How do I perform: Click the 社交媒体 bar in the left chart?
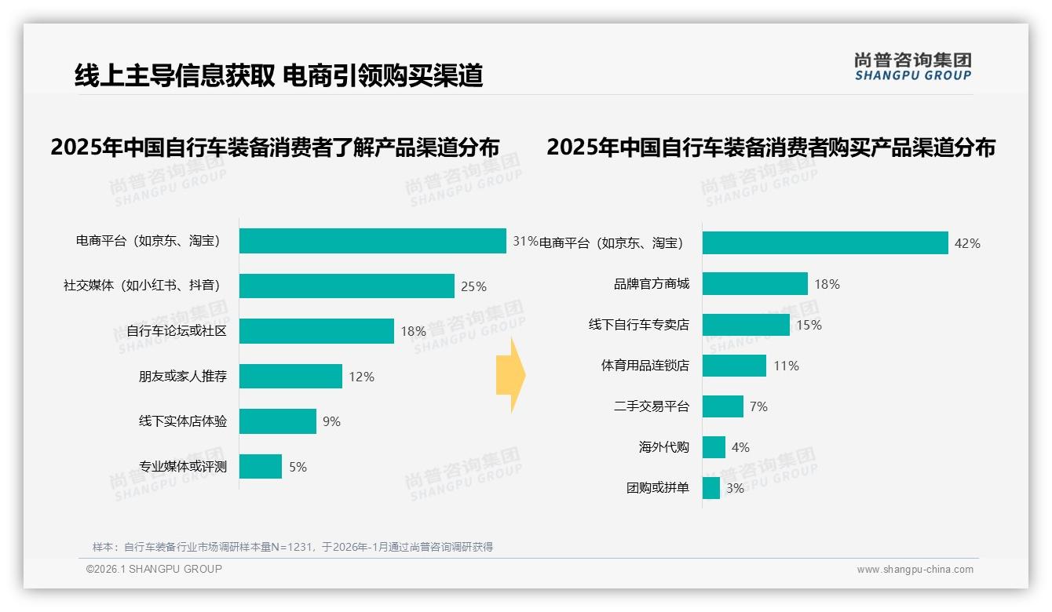click(346, 286)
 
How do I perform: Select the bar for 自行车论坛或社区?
click(316, 331)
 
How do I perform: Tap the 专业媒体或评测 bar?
click(260, 467)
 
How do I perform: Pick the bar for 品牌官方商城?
click(754, 284)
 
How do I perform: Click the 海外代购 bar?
click(714, 447)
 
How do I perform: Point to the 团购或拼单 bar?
click(710, 488)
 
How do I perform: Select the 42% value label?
click(967, 243)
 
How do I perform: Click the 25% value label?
click(473, 286)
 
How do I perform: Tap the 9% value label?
click(331, 421)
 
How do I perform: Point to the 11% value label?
click(786, 366)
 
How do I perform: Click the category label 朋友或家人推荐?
click(183, 377)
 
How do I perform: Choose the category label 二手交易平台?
click(652, 406)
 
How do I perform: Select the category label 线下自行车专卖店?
click(639, 325)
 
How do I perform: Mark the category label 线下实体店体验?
click(183, 421)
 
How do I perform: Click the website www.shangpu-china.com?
click(915, 570)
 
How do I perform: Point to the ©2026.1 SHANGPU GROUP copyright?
click(154, 569)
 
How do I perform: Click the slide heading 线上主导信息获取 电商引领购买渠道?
click(279, 75)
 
